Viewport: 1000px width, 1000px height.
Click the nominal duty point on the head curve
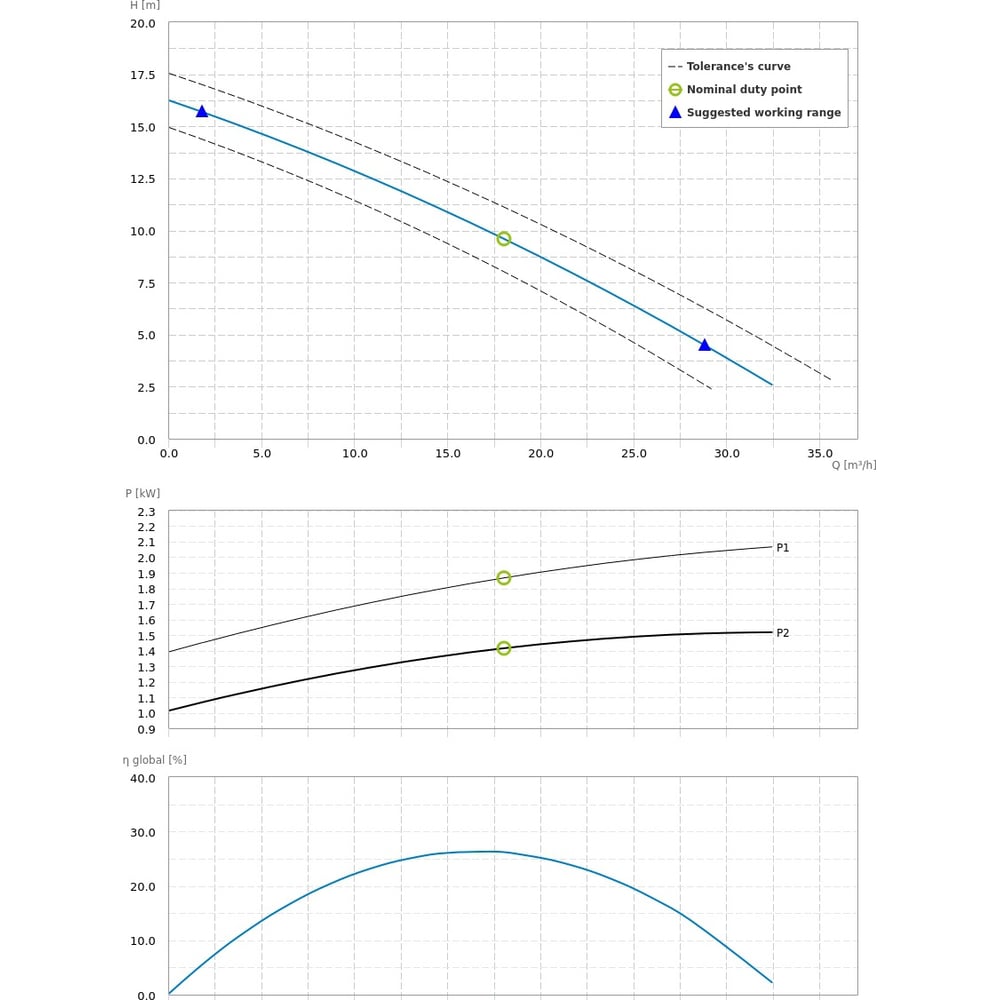point(504,239)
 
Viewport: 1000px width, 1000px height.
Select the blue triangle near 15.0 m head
point(202,111)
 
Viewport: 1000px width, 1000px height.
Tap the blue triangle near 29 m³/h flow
point(705,345)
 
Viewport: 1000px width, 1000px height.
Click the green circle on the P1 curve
point(504,578)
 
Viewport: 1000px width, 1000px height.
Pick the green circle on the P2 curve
point(504,648)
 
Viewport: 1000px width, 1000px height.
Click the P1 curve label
point(783,548)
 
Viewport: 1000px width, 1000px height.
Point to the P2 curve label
point(783,633)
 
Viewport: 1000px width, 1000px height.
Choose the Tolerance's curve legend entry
point(738,67)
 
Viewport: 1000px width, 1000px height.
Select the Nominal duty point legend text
point(744,90)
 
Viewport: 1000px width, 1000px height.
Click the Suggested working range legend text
point(763,113)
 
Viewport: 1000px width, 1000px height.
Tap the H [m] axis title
point(145,5)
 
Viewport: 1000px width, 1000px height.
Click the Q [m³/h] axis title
point(854,465)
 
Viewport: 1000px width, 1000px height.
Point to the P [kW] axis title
point(143,493)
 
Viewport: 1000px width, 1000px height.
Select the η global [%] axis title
point(155,760)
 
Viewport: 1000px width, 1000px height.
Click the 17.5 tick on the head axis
point(143,75)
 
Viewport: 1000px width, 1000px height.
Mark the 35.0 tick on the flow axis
point(820,453)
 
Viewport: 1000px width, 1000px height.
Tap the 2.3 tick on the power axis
point(146,512)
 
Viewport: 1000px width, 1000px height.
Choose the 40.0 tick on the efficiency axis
point(143,778)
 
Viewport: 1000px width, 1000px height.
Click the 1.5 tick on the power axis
point(146,636)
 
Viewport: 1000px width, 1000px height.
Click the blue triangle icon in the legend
point(675,113)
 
